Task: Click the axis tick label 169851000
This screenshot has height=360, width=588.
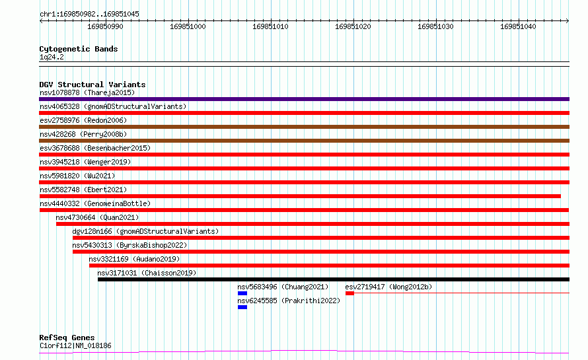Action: point(188,26)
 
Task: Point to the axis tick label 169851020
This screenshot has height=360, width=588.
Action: point(353,26)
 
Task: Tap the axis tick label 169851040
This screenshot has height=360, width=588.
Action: point(518,26)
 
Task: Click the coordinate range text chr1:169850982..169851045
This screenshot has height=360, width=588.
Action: point(89,14)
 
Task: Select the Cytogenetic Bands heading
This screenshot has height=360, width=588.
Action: point(79,49)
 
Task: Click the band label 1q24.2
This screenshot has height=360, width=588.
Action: point(52,57)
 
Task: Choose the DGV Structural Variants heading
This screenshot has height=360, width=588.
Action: point(92,85)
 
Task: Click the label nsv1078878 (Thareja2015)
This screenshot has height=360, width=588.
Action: point(87,92)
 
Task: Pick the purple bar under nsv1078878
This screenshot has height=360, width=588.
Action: point(304,99)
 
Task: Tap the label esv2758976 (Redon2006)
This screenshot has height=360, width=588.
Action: point(83,120)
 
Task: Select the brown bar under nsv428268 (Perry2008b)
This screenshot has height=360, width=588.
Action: point(304,141)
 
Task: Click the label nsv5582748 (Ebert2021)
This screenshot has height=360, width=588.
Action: point(83,190)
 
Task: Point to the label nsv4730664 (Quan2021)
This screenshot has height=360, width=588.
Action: point(97,217)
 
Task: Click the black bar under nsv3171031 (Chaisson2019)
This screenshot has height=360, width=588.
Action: point(334,279)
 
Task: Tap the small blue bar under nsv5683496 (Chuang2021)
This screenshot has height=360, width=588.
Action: point(242,293)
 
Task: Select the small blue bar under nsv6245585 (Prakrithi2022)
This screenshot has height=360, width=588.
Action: point(242,307)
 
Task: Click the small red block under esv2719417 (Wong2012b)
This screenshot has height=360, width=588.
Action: point(349,293)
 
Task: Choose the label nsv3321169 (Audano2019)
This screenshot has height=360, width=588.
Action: point(134,259)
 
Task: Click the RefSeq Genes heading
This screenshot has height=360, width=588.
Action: point(67,338)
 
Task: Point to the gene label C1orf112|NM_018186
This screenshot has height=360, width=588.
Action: point(75,345)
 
